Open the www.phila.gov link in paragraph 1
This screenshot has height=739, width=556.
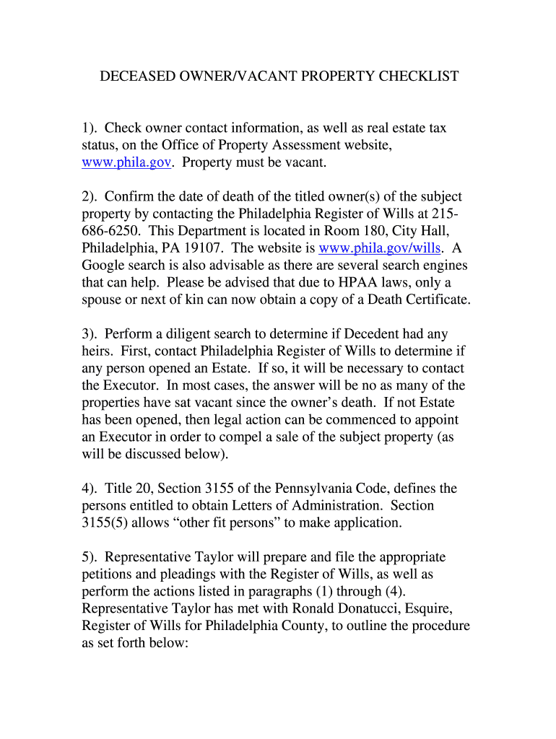point(126,163)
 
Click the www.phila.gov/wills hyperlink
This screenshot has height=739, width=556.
point(380,248)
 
